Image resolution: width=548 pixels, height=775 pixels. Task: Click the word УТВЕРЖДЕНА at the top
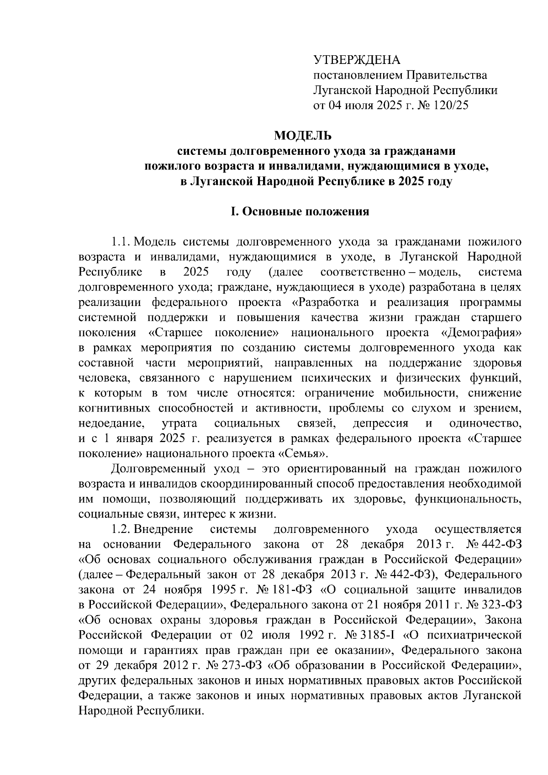coord(356,60)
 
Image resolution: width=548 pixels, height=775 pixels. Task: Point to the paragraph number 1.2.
coord(121,529)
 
